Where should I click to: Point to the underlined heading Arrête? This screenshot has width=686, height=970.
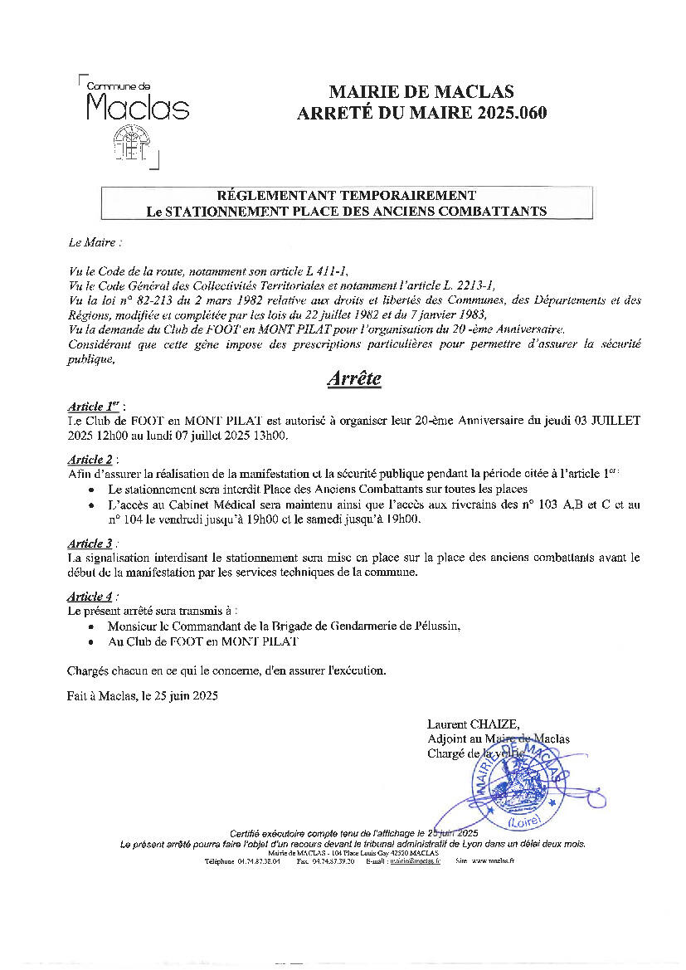[x=354, y=378]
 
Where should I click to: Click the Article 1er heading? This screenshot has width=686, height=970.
[x=95, y=407]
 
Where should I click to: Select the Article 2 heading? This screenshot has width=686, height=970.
[x=90, y=459]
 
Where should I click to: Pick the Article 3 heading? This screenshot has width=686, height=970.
[x=90, y=543]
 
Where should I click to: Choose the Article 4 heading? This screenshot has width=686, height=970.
[x=90, y=597]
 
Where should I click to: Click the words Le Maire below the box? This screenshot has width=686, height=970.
[x=95, y=243]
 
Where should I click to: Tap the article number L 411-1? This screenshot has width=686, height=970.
[x=330, y=271]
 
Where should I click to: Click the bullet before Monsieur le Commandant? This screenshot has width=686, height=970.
[x=90, y=626]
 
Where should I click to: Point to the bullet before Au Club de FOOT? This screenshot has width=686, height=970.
[x=90, y=642]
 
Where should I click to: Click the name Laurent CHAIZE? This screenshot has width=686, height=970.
[x=473, y=724]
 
